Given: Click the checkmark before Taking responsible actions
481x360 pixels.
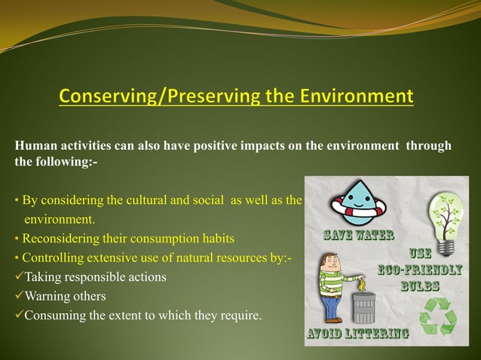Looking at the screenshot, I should [19, 277].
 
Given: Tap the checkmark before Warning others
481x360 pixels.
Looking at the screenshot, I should [19, 296].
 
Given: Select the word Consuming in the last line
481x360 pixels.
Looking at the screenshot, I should [54, 315].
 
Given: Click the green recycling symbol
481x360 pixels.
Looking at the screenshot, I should [437, 317].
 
